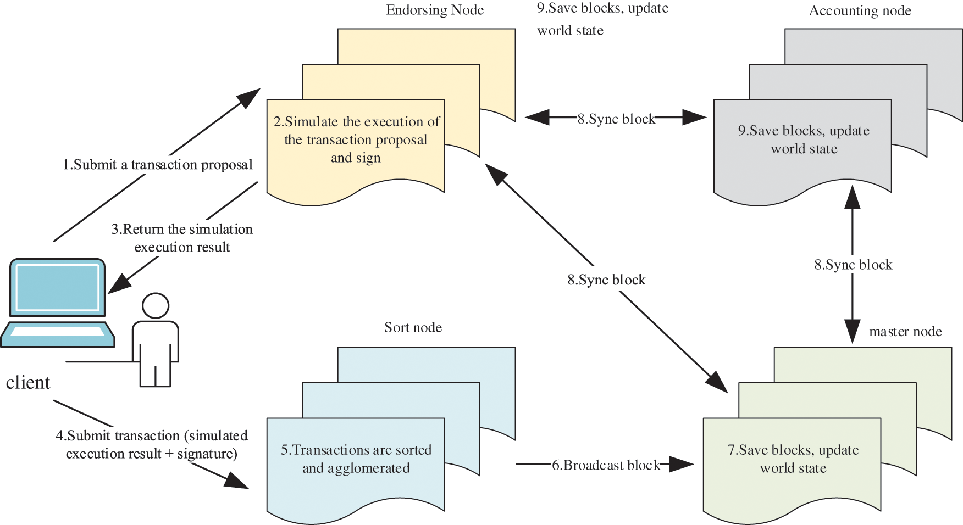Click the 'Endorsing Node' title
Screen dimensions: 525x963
434,10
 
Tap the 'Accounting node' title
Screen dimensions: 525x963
860,11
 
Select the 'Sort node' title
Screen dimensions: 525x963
413,328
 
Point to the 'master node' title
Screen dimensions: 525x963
905,332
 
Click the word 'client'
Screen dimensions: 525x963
27,383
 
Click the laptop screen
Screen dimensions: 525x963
57,287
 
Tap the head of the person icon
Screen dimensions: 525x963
156,305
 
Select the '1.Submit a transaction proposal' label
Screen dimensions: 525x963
158,165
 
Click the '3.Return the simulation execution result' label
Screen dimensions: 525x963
182,238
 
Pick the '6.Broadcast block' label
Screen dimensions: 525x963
606,465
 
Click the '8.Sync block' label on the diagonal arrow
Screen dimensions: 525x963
606,280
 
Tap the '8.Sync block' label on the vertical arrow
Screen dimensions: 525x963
853,265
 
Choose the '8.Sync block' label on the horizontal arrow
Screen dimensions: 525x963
616,119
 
